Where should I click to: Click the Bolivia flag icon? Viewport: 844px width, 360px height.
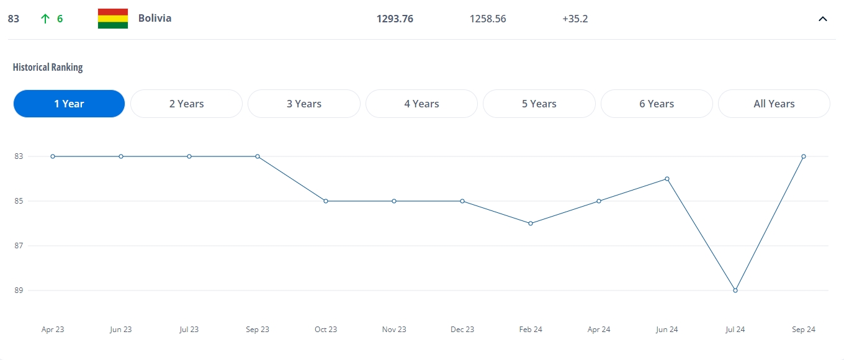(x=113, y=19)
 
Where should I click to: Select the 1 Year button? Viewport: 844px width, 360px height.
(x=69, y=104)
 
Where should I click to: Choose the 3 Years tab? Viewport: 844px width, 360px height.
(x=304, y=104)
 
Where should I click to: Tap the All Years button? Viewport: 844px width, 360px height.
(x=774, y=104)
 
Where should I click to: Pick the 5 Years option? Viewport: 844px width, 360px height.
(x=539, y=104)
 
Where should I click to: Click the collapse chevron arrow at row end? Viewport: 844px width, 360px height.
(x=823, y=19)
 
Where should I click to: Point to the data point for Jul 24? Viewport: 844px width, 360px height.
(x=735, y=290)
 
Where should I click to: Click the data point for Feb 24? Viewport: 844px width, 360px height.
(x=531, y=223)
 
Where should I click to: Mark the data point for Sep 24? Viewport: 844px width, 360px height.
(x=804, y=156)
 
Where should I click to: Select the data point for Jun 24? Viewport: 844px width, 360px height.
(x=667, y=179)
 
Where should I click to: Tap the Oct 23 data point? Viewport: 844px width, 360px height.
(x=326, y=201)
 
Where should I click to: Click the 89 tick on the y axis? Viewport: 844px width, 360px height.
(x=19, y=290)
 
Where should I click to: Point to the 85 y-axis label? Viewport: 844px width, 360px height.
(x=19, y=201)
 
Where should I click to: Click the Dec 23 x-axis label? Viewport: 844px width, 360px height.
(x=462, y=330)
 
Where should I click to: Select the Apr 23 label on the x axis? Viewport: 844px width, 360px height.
(x=53, y=330)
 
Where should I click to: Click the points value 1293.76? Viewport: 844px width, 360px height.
(x=395, y=19)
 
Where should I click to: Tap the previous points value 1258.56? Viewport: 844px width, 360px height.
(x=488, y=19)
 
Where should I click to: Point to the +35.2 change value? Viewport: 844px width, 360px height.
(x=575, y=19)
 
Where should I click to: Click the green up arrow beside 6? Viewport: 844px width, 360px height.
(x=45, y=19)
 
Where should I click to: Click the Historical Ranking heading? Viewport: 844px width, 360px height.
(x=48, y=67)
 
